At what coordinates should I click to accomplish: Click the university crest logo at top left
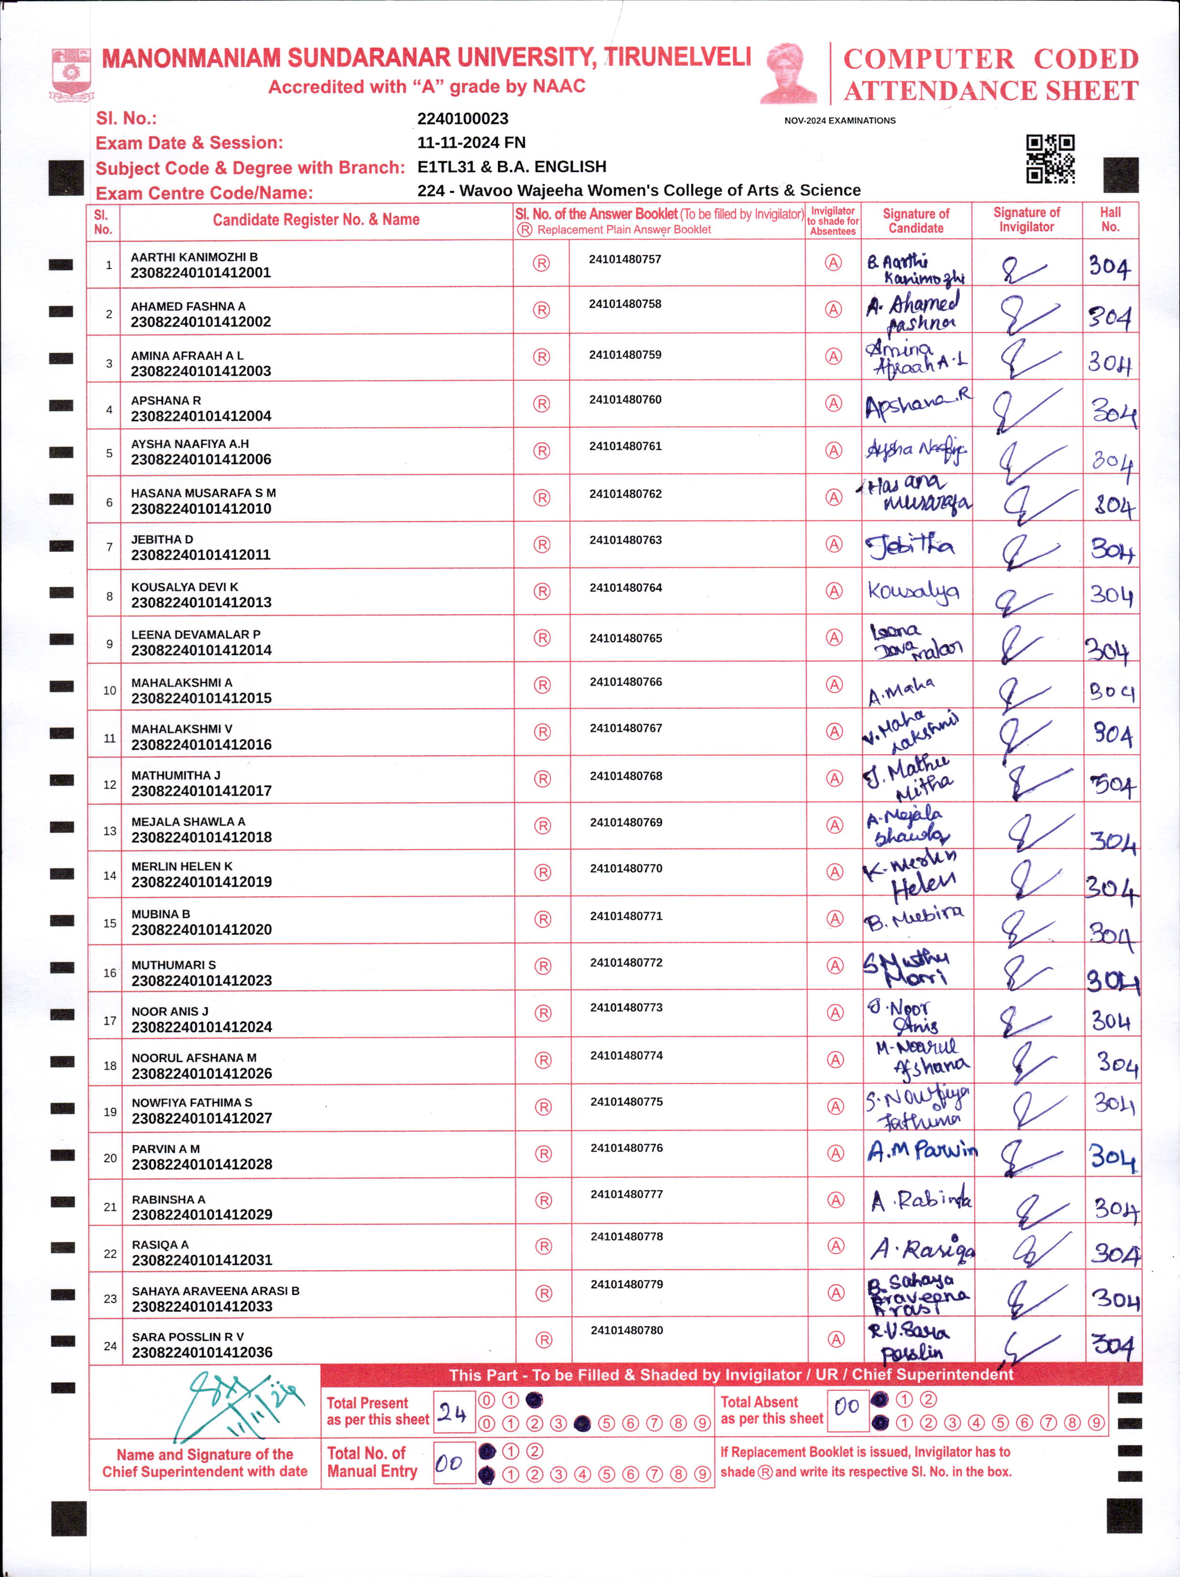71,73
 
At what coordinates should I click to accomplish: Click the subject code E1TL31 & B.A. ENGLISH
511,167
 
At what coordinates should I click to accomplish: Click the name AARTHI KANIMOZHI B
194,257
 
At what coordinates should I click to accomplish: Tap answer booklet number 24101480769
625,822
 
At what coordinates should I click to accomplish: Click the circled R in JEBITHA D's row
542,545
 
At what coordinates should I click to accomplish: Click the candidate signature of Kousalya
913,592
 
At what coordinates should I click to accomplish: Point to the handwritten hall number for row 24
1112,1346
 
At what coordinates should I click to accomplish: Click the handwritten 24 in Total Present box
453,1412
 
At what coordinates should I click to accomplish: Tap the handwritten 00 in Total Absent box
846,1406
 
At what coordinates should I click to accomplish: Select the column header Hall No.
1109,220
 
